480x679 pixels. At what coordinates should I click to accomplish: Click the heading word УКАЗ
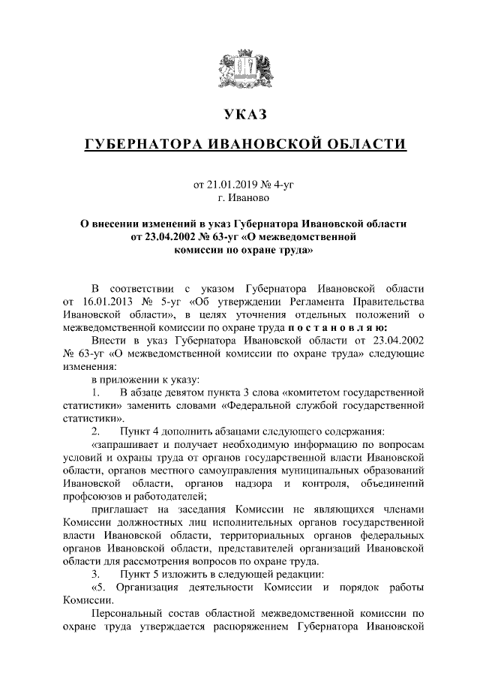pyautogui.click(x=245, y=115)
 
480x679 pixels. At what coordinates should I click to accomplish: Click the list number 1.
pyautogui.click(x=94, y=392)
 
